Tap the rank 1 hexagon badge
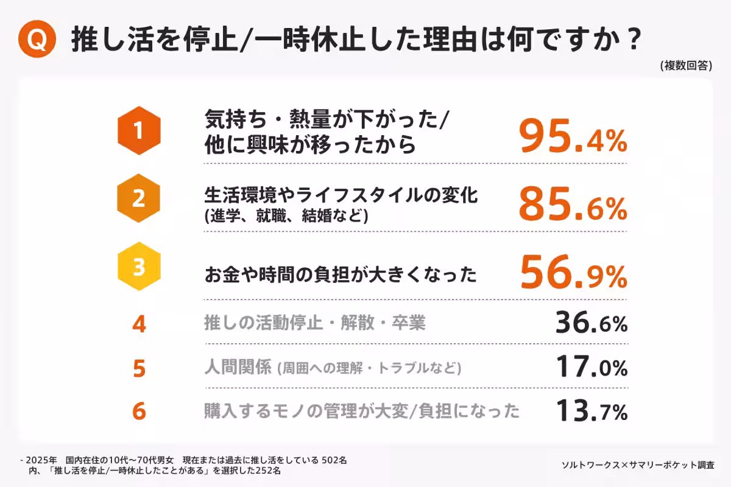pos(139,130)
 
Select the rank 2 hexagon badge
pos(139,198)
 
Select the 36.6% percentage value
pos(591,323)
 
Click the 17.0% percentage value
pos(591,368)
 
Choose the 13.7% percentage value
pos(591,412)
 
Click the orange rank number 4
pos(139,324)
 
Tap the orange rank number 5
pos(139,368)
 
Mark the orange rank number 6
pos(139,412)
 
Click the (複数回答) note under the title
pos(685,66)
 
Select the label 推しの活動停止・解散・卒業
pos(314,323)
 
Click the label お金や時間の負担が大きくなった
pos(340,275)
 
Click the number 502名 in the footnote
pos(334,460)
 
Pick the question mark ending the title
pos(633,40)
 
